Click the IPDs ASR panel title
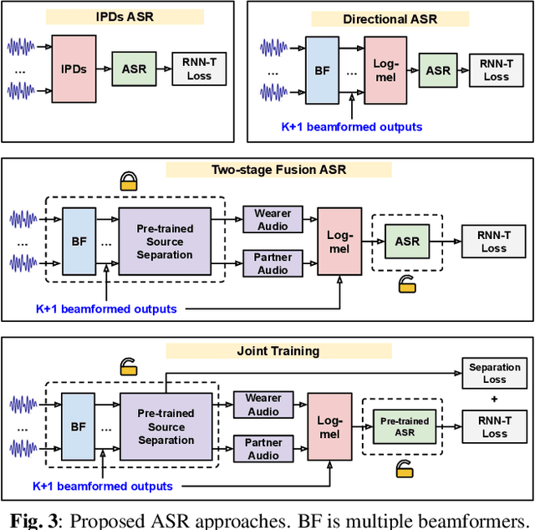tap(125, 17)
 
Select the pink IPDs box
tap(74, 69)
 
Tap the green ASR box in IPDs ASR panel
tap(134, 69)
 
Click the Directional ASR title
tap(390, 19)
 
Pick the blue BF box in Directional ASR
tap(323, 70)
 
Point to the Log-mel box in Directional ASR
tap(385, 70)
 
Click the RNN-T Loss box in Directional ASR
tap(497, 70)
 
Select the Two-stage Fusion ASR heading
tap(278, 170)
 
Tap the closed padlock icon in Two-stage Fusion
tap(129, 181)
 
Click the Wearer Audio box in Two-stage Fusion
tap(273, 219)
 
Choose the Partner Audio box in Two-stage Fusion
tap(273, 263)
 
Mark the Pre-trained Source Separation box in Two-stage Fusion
tap(165, 242)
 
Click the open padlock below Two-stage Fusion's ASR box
tap(407, 284)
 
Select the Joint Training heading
tap(278, 351)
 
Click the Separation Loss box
tap(494, 373)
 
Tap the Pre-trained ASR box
tap(405, 426)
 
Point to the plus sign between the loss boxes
tap(494, 399)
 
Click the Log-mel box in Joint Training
tap(329, 426)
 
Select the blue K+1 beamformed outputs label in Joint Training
tap(103, 486)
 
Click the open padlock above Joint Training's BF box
tap(129, 366)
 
